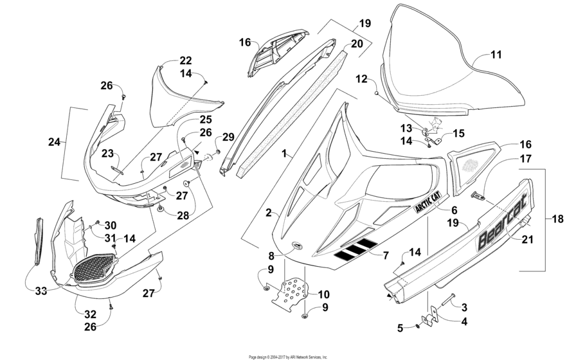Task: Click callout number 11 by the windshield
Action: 496,55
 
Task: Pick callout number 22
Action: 185,60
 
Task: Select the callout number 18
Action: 557,219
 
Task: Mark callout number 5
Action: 401,328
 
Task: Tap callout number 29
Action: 228,136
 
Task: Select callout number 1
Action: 285,156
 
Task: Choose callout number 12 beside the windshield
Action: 362,79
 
